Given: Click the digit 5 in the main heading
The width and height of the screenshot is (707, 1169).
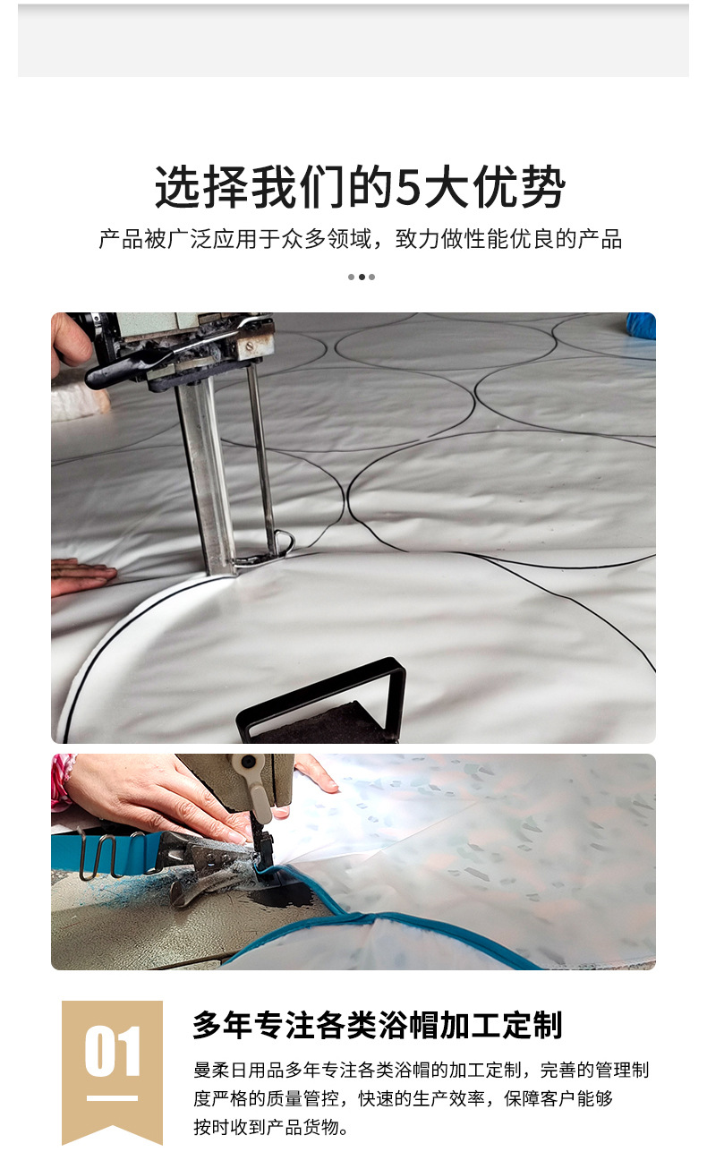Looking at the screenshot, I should (408, 187).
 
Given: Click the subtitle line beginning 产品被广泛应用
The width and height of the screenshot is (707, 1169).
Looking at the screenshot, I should (360, 239).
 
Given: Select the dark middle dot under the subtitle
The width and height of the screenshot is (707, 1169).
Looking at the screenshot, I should (362, 277).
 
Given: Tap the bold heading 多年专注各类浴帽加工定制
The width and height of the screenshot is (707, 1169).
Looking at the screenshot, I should (378, 1025).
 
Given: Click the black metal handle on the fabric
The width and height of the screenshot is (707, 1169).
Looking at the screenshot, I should (322, 698).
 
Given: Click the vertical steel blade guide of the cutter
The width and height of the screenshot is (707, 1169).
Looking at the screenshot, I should (205, 474).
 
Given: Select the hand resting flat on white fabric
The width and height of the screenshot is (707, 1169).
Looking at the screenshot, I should (81, 574).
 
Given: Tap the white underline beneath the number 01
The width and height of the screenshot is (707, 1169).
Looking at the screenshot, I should (112, 1097).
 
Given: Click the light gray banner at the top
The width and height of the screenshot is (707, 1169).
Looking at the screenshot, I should (353, 40).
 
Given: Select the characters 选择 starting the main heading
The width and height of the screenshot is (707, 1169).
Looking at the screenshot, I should (201, 187).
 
